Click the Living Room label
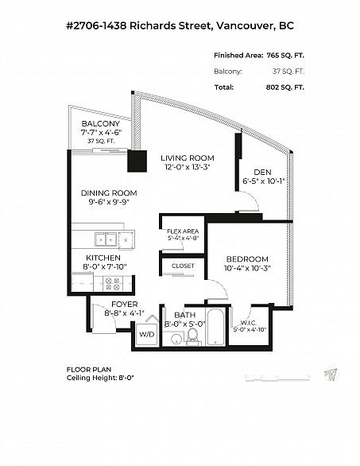188,157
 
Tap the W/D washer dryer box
147,334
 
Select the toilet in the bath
192,336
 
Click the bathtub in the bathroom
215,327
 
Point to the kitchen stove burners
113,284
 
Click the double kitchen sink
106,239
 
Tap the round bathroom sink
176,340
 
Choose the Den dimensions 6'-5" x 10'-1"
264,181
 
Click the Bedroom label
247,259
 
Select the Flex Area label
183,231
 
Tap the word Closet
183,266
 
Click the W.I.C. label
249,323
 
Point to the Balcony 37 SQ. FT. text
101,142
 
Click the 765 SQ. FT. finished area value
285,56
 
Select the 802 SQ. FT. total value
285,87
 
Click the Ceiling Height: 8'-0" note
100,378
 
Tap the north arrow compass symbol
331,375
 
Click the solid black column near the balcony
137,161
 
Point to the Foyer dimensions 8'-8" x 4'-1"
124,313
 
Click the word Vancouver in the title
244,26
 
